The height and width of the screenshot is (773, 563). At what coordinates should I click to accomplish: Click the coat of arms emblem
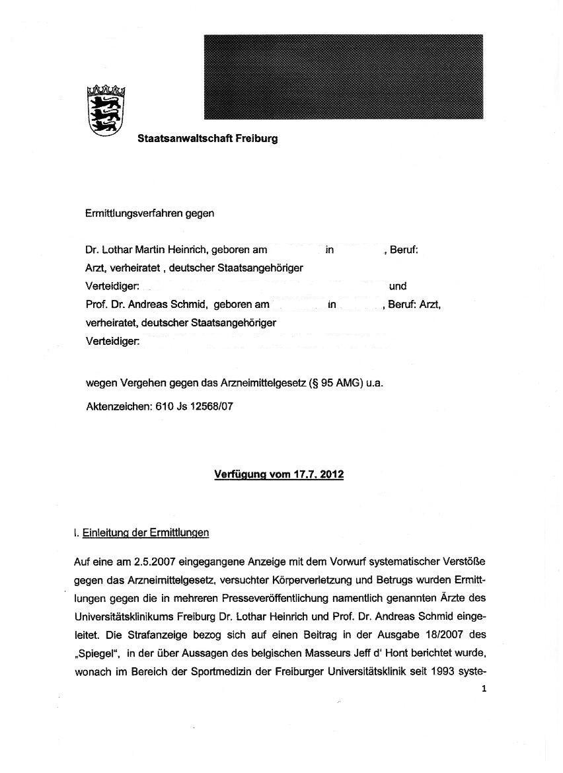click(x=106, y=110)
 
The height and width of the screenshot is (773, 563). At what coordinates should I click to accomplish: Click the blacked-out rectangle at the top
click(x=343, y=77)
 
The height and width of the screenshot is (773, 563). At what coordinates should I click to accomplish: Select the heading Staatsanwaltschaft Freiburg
click(x=207, y=139)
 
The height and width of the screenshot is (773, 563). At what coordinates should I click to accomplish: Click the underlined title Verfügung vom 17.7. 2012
click(x=279, y=474)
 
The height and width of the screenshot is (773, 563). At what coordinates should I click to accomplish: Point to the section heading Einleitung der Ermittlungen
click(x=145, y=532)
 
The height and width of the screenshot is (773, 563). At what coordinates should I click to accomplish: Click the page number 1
click(x=484, y=688)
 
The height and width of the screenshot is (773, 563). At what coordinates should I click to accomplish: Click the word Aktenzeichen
click(x=118, y=407)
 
